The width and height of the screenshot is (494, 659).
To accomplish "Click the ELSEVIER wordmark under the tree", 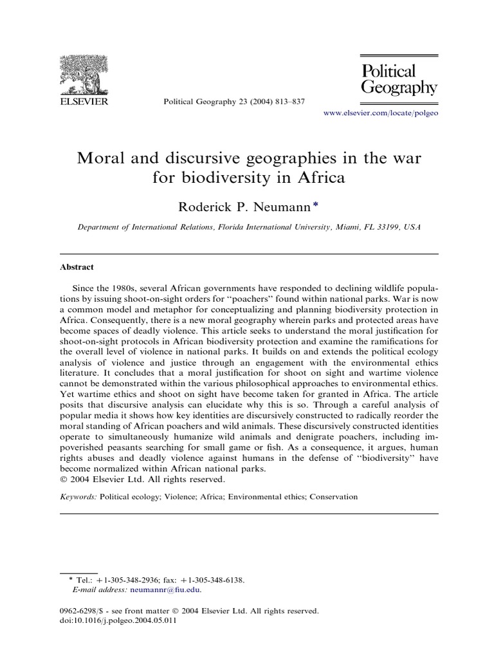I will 84,101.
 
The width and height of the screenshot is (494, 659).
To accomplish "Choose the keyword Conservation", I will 333,497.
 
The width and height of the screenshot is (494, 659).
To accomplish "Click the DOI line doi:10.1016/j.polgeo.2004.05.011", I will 118,622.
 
